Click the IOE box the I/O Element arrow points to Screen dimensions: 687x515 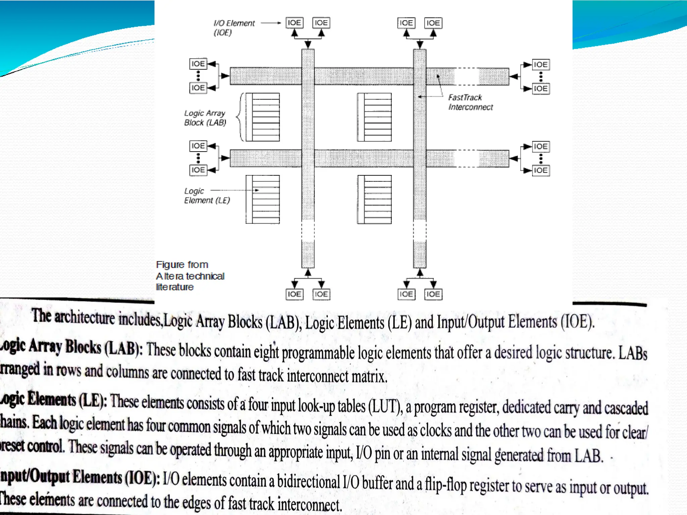click(294, 23)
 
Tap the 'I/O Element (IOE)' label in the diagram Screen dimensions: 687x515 click(234, 27)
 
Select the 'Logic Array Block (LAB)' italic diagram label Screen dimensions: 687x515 click(205, 118)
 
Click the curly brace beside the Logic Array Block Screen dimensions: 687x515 click(240, 117)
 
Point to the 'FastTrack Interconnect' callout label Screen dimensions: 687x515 click(470, 102)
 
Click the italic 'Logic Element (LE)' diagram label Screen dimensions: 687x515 click(207, 195)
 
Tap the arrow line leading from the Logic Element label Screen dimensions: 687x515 click(234, 190)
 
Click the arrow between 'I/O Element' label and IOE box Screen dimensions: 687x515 click(270, 23)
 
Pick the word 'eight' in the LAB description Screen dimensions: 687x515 click(266, 352)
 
